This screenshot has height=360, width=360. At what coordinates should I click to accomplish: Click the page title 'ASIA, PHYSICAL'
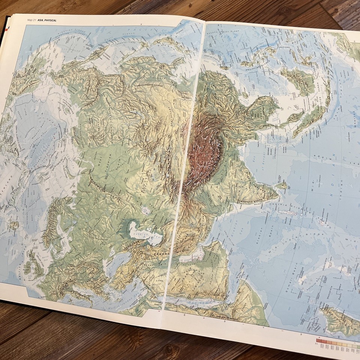[47, 20]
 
